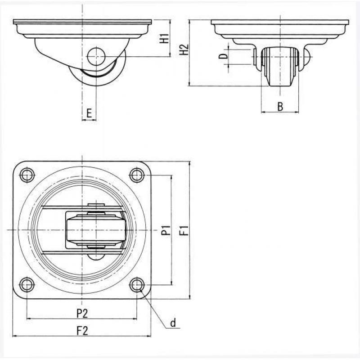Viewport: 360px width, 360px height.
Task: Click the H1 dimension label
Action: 164,38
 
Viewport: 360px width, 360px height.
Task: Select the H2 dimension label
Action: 184,49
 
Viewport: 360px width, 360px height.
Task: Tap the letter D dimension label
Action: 223,55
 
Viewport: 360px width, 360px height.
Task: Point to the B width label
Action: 280,107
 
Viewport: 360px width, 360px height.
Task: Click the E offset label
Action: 89,113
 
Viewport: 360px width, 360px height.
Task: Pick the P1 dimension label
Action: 166,230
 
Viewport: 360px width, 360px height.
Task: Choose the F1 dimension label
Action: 184,230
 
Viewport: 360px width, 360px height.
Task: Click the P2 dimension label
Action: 82,313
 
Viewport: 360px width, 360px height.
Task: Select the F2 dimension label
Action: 82,331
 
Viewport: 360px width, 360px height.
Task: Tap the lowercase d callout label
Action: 173,323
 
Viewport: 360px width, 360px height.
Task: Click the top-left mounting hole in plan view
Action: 27,175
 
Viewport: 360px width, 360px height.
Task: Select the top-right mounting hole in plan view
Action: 137,175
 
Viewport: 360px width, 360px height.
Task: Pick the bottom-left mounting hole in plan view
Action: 27,285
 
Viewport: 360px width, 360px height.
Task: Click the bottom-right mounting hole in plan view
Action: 137,285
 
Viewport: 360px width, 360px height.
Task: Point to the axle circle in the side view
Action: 96,57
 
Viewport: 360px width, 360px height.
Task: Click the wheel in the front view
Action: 280,67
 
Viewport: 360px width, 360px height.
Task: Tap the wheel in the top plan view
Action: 96,230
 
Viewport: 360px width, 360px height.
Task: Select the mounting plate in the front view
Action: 280,22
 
